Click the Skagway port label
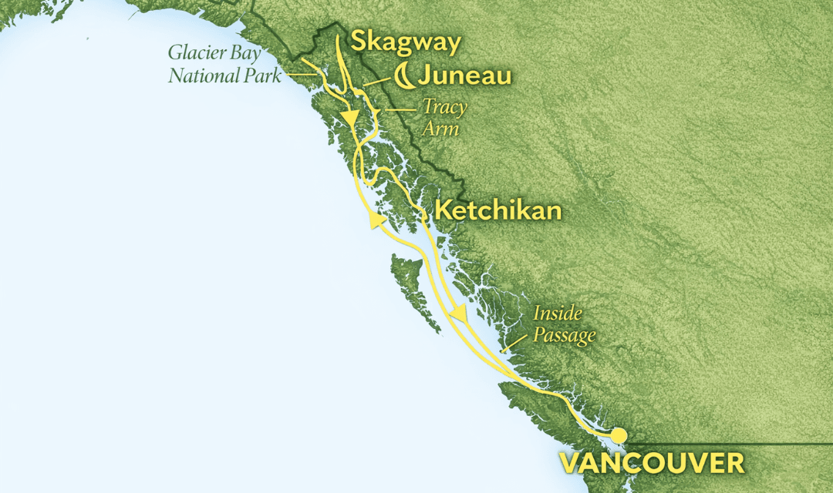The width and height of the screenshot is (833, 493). [x=405, y=42]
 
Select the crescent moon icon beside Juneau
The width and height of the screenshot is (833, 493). [x=403, y=75]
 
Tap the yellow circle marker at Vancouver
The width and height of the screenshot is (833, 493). [x=619, y=436]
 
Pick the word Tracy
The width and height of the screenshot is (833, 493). [x=443, y=106]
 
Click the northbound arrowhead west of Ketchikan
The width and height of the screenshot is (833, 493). [x=376, y=221]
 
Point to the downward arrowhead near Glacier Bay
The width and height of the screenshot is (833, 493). [x=352, y=121]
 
